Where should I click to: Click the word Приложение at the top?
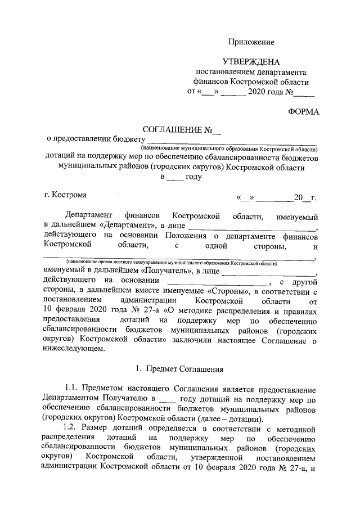251,42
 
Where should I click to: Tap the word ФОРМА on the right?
303,112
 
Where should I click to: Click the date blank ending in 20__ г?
277,197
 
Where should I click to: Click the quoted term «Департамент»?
127,225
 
